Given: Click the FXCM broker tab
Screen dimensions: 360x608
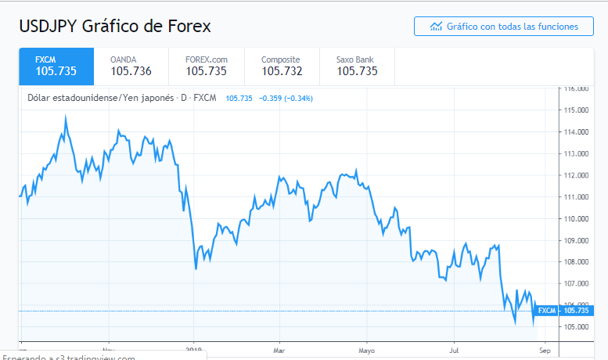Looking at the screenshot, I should pos(56,67).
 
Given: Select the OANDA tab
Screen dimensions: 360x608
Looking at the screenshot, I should pos(131,67).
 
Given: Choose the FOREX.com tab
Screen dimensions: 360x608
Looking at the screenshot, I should pos(206,67).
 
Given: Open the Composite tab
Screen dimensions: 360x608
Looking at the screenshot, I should pos(281,67).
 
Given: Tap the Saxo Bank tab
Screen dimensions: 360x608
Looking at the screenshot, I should pos(357,67).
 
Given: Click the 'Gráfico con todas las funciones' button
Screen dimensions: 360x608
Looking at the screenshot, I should pos(504,27).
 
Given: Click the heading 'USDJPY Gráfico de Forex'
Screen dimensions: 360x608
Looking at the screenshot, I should pos(115,27).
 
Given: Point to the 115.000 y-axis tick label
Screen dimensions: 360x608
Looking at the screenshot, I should pos(577,110).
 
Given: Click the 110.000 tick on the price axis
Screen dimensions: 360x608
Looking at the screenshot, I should pos(577,218).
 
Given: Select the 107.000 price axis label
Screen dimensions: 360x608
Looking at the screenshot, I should pos(577,283).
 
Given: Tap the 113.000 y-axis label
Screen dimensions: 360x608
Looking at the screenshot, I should pos(577,153).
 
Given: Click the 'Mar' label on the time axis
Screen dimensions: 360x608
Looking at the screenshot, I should pos(279,350).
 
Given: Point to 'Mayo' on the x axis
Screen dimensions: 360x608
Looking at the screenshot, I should pos(366,350).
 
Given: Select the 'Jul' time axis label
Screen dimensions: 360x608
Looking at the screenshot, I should pos(453,350).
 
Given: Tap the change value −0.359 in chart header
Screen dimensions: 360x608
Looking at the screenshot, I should pos(270,99).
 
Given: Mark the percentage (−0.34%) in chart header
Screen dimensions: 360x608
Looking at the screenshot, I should pos(299,99).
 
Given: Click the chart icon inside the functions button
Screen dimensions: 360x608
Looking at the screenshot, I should pos(437,27).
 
